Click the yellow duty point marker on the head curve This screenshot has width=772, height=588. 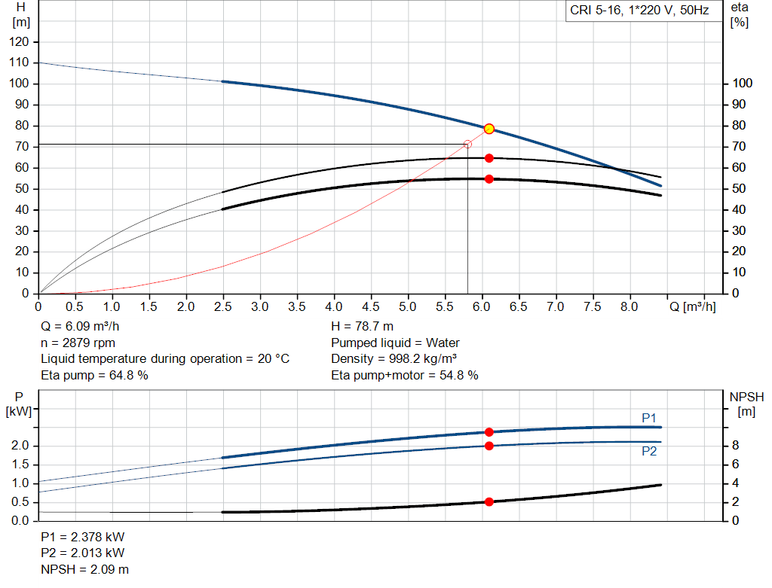pyautogui.click(x=489, y=129)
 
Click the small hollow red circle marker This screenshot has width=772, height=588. pyautogui.click(x=467, y=144)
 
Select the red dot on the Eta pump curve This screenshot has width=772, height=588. pyautogui.click(x=489, y=158)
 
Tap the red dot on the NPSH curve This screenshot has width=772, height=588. pyautogui.click(x=489, y=501)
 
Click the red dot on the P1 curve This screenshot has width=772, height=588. pyautogui.click(x=489, y=432)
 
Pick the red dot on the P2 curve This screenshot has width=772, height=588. pyautogui.click(x=489, y=446)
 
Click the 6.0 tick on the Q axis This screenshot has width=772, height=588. pyautogui.click(x=482, y=306)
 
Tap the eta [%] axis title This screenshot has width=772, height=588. pyautogui.click(x=740, y=14)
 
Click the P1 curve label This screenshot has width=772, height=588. pyautogui.click(x=649, y=417)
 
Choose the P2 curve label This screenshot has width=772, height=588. pyautogui.click(x=649, y=451)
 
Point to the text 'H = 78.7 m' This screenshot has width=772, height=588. pyautogui.click(x=362, y=327)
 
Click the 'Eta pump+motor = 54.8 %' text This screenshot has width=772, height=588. pyautogui.click(x=405, y=375)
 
